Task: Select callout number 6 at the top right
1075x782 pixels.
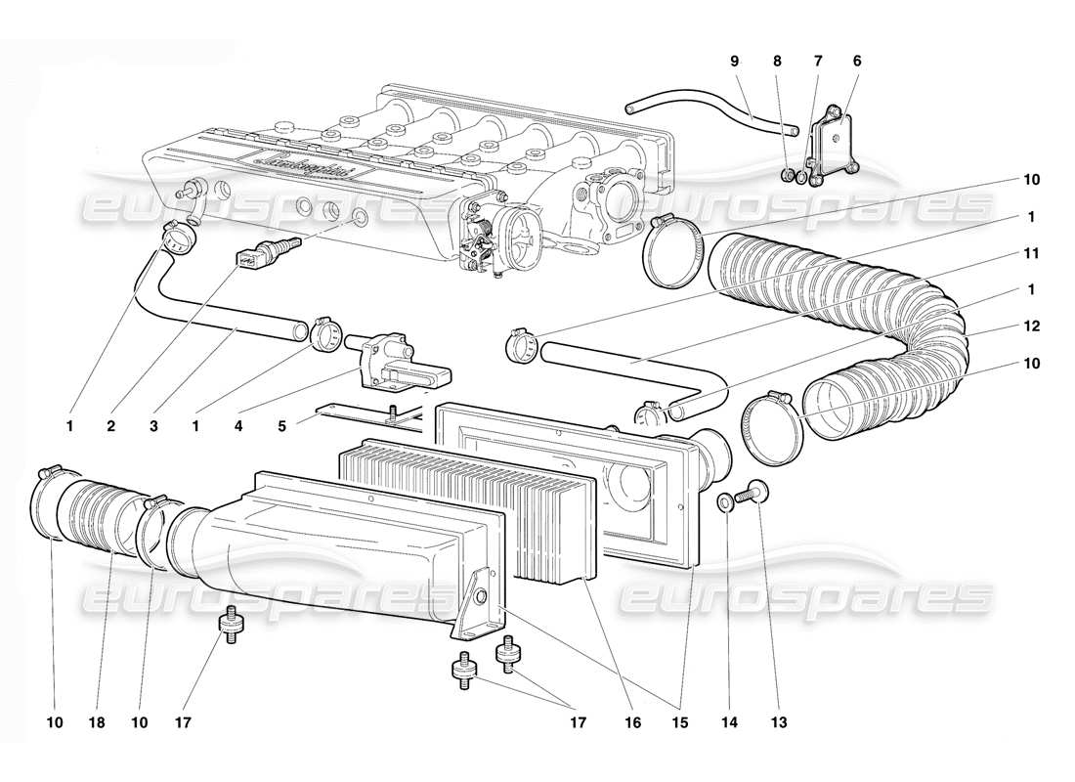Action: [x=857, y=61]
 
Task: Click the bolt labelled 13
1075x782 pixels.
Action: [x=753, y=491]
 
